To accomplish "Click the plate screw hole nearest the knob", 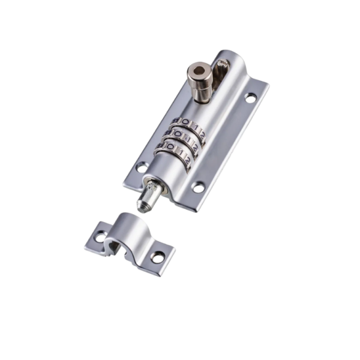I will [250, 97].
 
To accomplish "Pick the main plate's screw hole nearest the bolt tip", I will [198, 187].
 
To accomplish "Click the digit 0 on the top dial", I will [185, 123].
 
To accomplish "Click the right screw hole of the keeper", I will [157, 257].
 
